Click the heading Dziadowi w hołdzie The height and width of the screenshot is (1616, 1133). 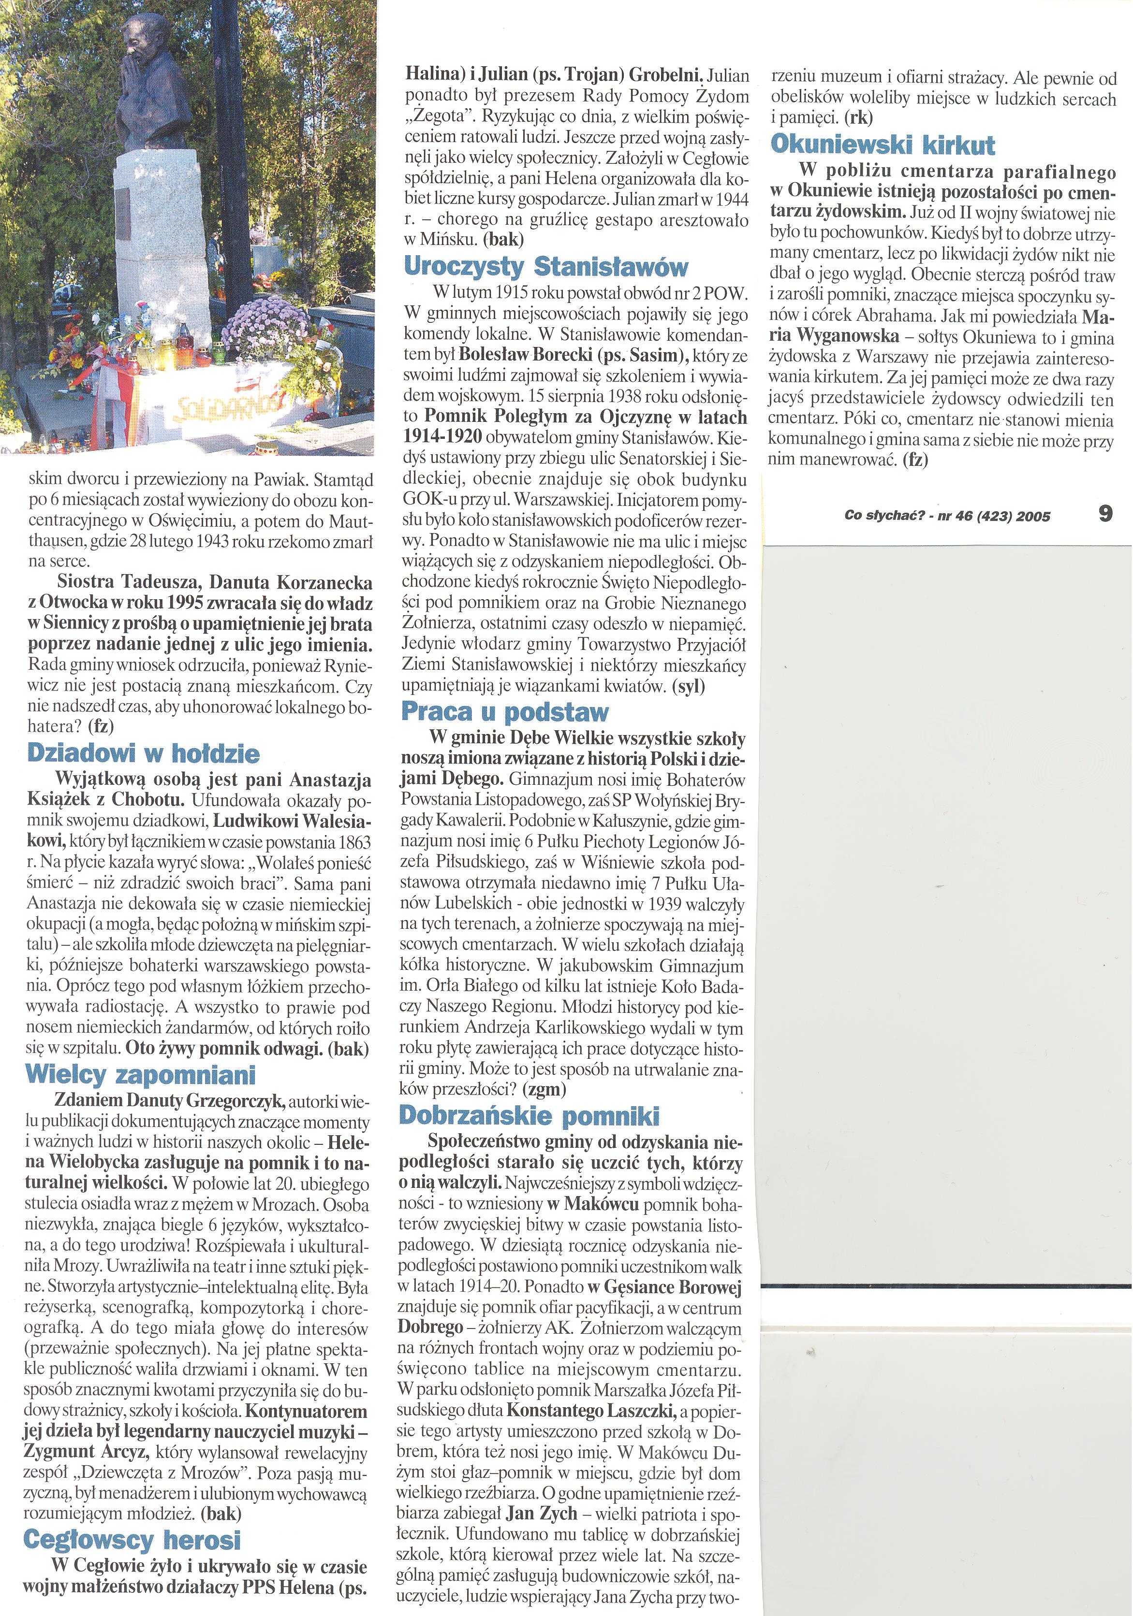click(144, 754)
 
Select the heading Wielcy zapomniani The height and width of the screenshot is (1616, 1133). click(140, 1075)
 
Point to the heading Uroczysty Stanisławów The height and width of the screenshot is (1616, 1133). click(546, 267)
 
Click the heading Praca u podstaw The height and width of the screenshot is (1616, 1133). click(504, 712)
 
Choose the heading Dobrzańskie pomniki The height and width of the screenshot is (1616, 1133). click(529, 1116)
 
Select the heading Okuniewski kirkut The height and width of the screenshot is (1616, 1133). click(883, 145)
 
